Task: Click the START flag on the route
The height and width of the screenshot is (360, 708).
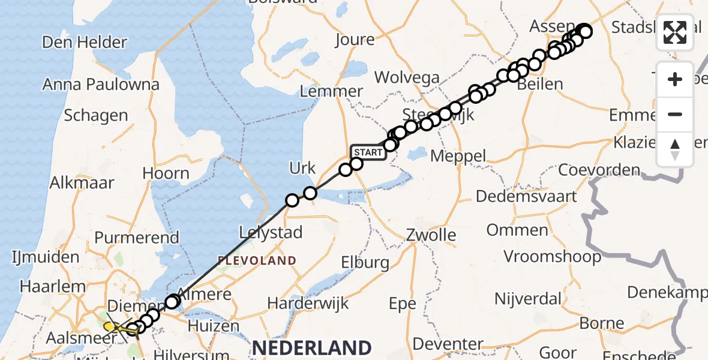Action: click(x=368, y=152)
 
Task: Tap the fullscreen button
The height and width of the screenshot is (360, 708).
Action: click(x=675, y=32)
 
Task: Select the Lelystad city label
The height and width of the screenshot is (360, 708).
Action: click(x=271, y=232)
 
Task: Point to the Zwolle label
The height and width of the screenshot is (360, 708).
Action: click(x=431, y=235)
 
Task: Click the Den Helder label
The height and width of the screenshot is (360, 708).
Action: click(x=85, y=43)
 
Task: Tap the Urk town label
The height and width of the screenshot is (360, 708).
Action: click(x=302, y=169)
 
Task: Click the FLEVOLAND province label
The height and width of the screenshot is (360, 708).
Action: click(x=257, y=260)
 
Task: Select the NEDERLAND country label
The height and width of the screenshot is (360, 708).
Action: click(x=311, y=347)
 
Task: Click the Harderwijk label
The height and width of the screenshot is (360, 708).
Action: click(x=308, y=303)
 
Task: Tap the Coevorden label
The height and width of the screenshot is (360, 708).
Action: click(x=599, y=170)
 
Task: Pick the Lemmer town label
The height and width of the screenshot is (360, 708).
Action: click(x=331, y=91)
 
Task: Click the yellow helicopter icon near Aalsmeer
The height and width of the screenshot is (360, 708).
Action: click(x=113, y=327)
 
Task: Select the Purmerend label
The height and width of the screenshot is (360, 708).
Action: click(x=137, y=237)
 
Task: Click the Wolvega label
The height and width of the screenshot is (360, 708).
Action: click(x=407, y=77)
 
